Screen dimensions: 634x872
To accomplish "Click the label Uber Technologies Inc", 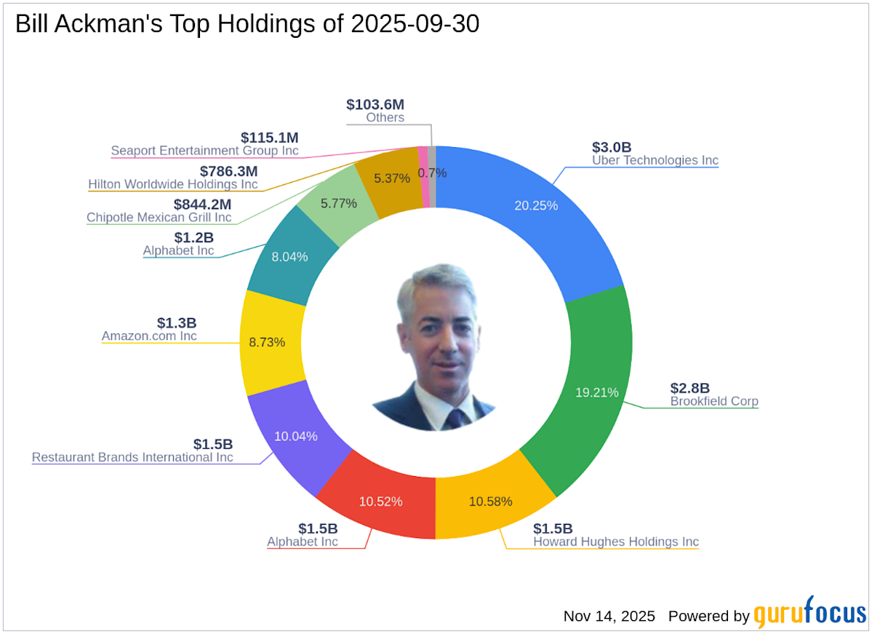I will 655,160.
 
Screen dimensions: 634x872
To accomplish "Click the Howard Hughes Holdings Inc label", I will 615,542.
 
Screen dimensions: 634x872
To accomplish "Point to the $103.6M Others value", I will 375,104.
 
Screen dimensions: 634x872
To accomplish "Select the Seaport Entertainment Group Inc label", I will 204,151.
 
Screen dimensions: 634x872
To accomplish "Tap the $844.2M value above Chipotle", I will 202,205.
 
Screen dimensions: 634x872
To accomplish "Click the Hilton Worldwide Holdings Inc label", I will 172,184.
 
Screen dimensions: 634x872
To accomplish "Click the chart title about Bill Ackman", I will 247,25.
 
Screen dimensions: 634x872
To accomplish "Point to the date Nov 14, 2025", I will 609,616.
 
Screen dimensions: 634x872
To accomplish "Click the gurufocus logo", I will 809,615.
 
